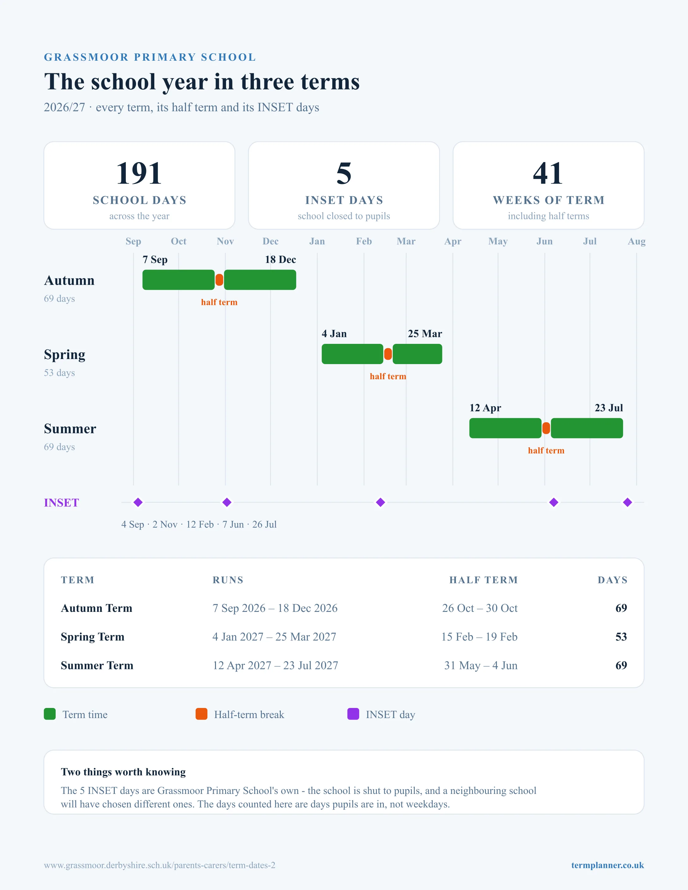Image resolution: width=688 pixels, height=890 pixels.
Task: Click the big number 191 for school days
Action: tap(139, 174)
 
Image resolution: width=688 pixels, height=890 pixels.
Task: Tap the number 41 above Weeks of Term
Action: tap(548, 174)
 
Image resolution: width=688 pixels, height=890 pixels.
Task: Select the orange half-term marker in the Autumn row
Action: tap(219, 280)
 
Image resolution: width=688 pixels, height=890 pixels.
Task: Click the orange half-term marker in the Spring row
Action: tap(388, 354)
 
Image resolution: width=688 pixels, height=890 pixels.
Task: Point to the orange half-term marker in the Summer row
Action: tap(546, 428)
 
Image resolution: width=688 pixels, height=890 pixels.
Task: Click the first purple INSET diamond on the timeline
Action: tap(138, 503)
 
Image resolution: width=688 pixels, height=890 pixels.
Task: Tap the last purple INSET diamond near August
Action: tap(628, 503)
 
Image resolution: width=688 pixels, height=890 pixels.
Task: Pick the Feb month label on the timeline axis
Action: tap(364, 241)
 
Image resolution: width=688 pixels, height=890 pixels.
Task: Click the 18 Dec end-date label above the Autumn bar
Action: tap(280, 259)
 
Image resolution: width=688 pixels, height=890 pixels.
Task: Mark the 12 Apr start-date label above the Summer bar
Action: tap(485, 408)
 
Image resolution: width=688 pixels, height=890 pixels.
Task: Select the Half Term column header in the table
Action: tap(483, 580)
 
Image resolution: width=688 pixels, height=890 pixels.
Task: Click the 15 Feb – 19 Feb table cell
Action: tap(479, 637)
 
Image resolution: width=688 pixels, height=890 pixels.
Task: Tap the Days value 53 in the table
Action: tap(621, 637)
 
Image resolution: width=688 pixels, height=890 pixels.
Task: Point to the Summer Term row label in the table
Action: tap(97, 666)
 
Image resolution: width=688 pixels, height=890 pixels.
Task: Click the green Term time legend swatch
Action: tap(50, 714)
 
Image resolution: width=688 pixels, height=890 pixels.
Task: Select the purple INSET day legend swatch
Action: tap(353, 714)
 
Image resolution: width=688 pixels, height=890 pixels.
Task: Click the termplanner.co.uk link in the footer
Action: tap(607, 865)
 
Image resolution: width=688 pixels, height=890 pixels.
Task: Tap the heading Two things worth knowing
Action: tap(123, 772)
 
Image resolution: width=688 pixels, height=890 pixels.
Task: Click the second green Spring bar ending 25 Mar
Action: tap(417, 354)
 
